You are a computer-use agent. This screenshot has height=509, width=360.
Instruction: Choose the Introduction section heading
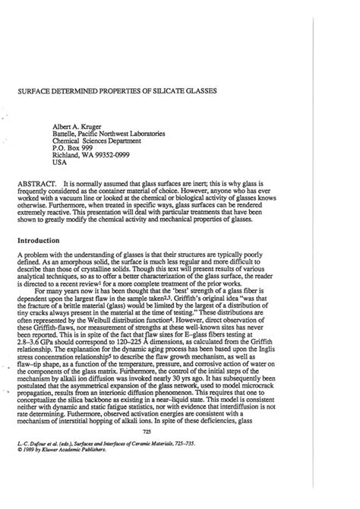coord(41,239)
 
